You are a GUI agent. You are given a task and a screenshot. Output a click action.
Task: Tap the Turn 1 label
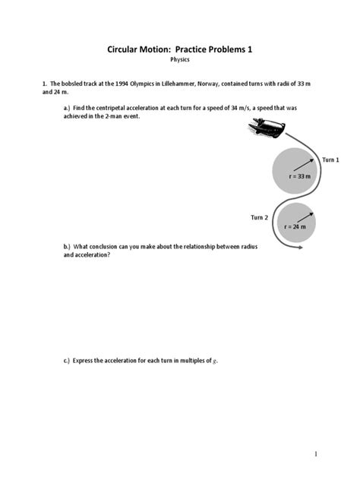(330, 159)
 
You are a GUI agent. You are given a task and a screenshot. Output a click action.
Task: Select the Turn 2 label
(259, 217)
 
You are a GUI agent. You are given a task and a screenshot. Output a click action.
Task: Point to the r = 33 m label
(300, 175)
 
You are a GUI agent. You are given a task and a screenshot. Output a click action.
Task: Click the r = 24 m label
(295, 226)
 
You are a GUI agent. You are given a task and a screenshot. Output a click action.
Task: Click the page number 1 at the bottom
(314, 453)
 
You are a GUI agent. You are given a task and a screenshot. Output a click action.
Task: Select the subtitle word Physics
(179, 59)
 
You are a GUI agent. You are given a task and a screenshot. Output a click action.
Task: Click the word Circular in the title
(125, 49)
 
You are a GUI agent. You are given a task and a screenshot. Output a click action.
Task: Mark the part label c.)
(68, 360)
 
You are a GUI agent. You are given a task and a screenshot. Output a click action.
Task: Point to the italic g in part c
(216, 361)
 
